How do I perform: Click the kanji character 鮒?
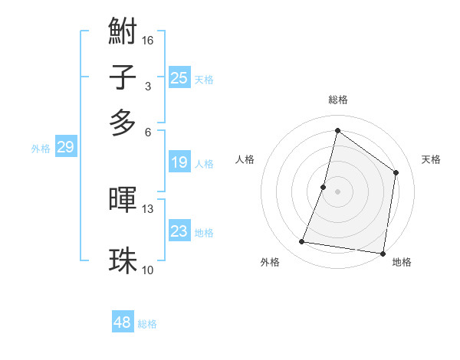tap(123, 34)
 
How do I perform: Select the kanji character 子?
tap(123, 78)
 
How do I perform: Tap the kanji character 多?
tap(123, 123)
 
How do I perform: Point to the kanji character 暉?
tap(123, 201)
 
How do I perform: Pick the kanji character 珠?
tap(123, 260)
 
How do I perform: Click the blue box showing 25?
tap(179, 77)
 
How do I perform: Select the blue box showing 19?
tap(179, 162)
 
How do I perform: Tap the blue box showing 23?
tap(179, 231)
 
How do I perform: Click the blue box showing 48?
tap(123, 322)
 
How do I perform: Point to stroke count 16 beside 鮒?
tap(149, 41)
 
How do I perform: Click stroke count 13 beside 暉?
tap(149, 208)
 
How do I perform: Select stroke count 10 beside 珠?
tap(149, 269)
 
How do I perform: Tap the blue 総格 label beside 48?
tap(147, 324)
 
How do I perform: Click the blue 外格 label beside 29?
tap(41, 149)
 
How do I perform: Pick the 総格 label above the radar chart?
tap(337, 100)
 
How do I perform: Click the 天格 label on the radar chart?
tap(431, 159)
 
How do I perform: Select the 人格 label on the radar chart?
tap(245, 159)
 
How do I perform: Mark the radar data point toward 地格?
tap(382, 253)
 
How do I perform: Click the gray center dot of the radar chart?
tap(337, 191)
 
